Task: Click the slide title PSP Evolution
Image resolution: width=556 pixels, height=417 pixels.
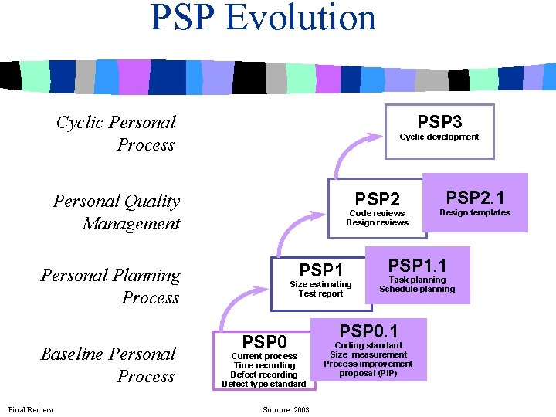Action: click(x=263, y=17)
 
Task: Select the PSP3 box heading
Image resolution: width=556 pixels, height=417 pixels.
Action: click(x=439, y=122)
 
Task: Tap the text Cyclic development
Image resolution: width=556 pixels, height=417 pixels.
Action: click(x=439, y=137)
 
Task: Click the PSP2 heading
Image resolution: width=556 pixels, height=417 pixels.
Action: click(x=377, y=200)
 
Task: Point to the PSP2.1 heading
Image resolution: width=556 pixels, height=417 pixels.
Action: click(x=475, y=196)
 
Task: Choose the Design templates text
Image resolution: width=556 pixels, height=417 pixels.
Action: click(x=475, y=212)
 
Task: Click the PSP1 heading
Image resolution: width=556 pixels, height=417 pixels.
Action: click(x=320, y=270)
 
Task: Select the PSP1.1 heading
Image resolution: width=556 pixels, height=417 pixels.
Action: click(x=417, y=266)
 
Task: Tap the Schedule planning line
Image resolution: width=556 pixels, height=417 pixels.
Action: click(x=417, y=290)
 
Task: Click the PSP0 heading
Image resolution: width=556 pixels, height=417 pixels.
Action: click(x=264, y=341)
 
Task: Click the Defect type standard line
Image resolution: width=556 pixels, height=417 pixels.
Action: click(x=264, y=384)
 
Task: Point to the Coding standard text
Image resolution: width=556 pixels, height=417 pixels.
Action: click(x=368, y=345)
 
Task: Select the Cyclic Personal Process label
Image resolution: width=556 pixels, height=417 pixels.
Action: click(x=117, y=134)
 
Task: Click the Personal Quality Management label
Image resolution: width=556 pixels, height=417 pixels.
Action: click(x=117, y=212)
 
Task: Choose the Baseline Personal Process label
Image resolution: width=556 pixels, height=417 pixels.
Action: click(x=109, y=365)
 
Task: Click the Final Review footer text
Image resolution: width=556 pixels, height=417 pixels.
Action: click(x=31, y=409)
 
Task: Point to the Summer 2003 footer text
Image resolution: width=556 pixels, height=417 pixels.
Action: click(x=286, y=409)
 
